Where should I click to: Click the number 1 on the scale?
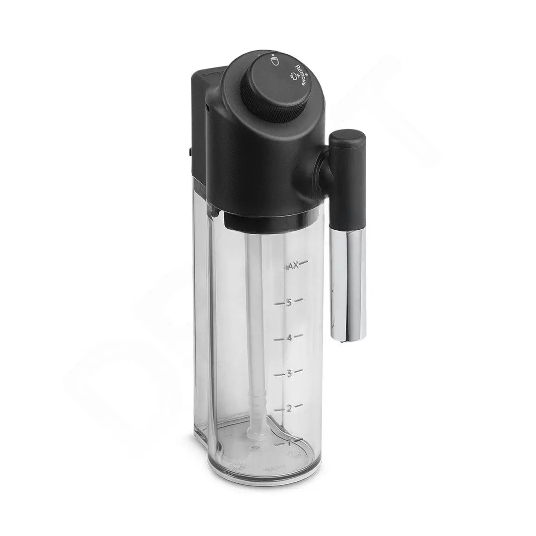[288, 443]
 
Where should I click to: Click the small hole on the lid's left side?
[205, 105]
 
